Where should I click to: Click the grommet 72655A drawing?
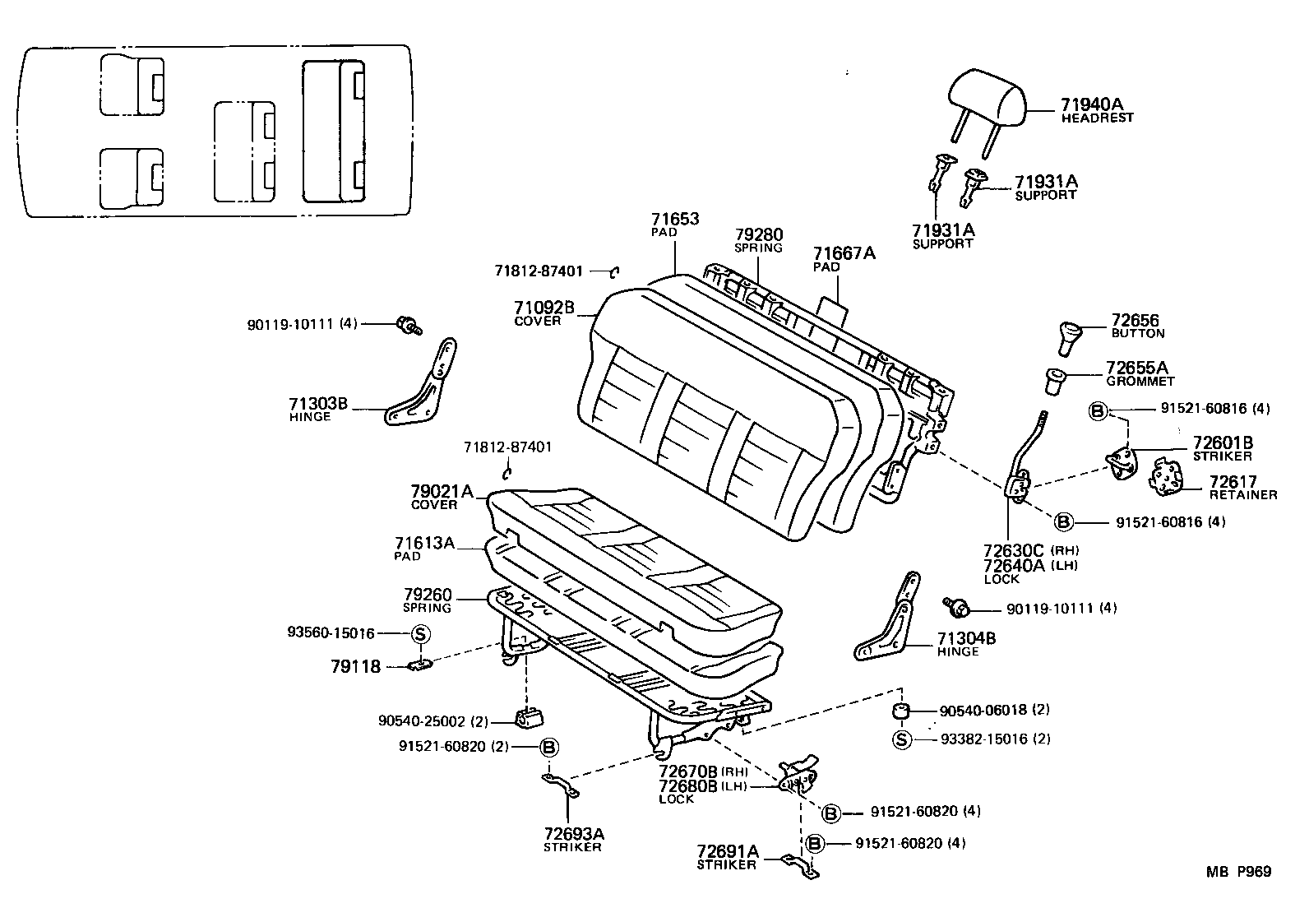[1055, 382]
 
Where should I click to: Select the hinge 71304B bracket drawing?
[891, 621]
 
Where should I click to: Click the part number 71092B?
[544, 308]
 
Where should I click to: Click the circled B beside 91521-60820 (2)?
[548, 747]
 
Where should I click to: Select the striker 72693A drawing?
[560, 785]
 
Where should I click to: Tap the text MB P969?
[1238, 872]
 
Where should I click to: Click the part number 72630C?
[1013, 550]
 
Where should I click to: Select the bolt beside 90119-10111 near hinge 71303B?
[407, 325]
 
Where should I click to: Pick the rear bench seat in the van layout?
[333, 132]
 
